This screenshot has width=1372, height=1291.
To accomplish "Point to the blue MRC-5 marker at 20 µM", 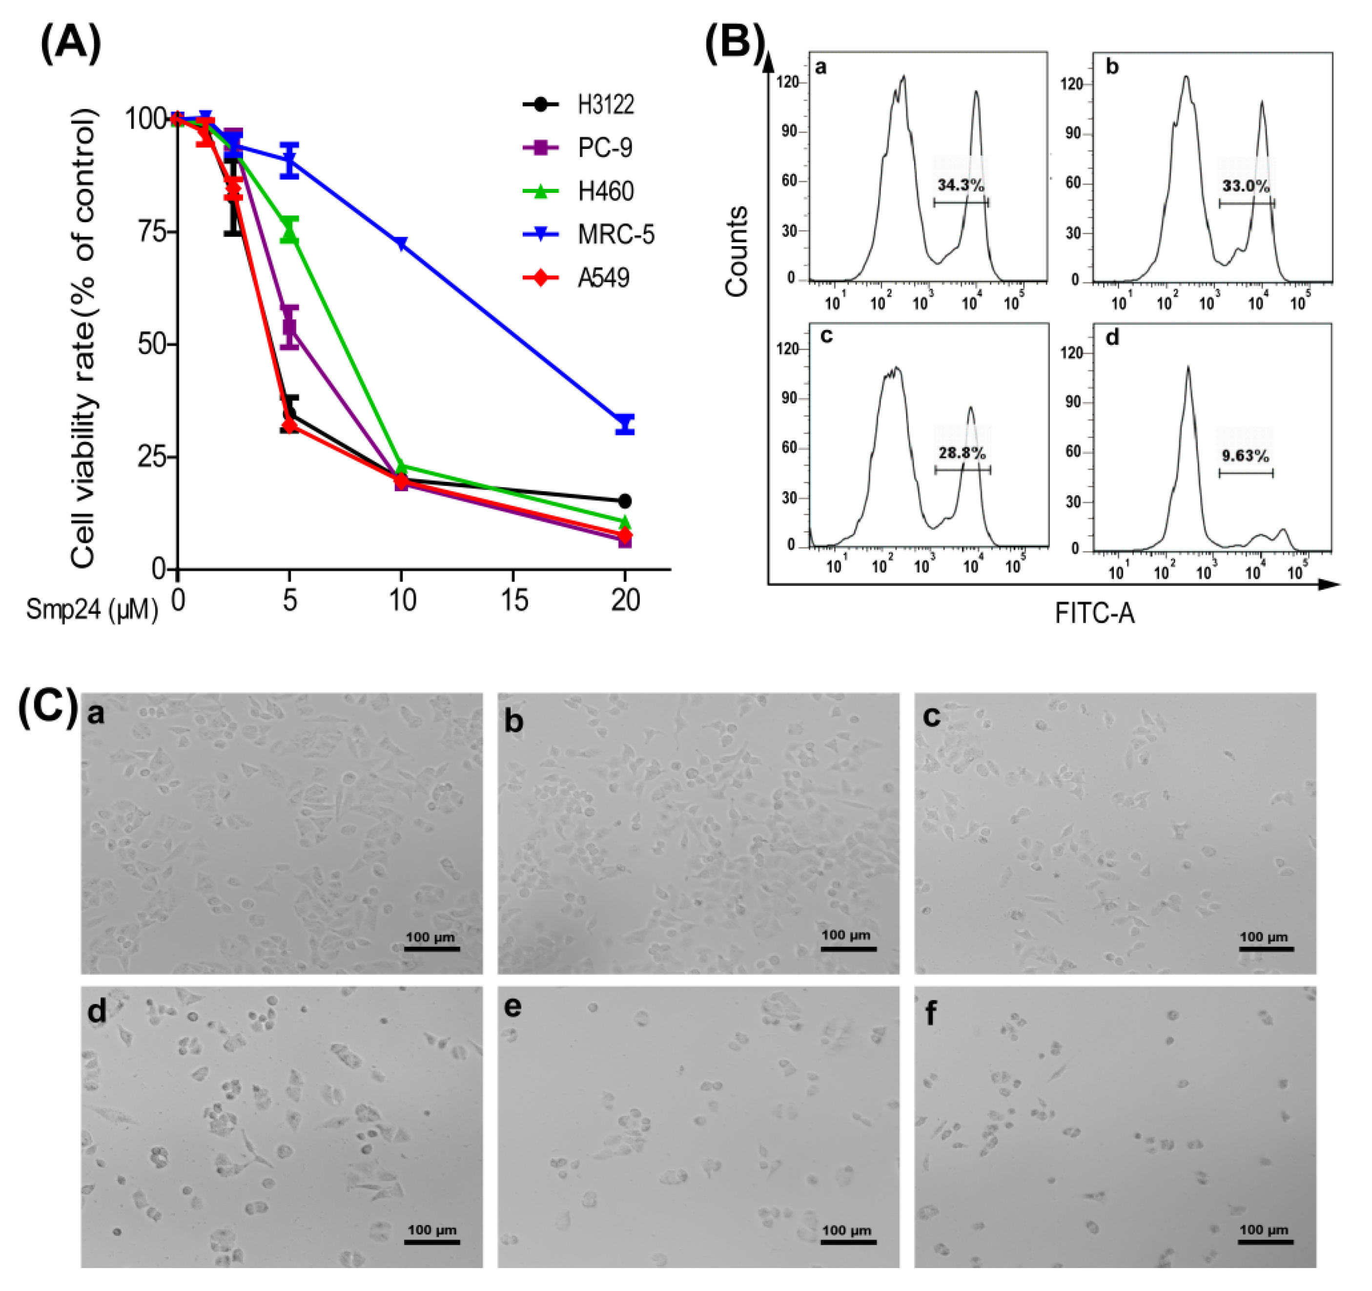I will (x=625, y=424).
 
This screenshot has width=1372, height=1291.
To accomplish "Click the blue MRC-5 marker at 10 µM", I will (x=401, y=243).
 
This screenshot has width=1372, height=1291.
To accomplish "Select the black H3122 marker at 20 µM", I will (x=625, y=501).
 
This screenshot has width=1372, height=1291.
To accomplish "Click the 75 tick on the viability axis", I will (x=152, y=231).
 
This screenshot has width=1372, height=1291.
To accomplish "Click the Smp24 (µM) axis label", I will (x=92, y=609).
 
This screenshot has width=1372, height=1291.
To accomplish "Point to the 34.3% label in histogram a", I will (x=960, y=185).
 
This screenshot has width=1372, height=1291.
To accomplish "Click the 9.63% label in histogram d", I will (x=1246, y=456).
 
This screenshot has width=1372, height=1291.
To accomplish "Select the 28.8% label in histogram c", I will (x=962, y=454).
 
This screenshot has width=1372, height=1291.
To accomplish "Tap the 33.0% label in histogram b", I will (x=1246, y=186).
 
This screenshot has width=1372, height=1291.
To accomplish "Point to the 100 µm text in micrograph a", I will (x=430, y=937).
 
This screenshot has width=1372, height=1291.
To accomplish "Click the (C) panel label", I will (x=48, y=708).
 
